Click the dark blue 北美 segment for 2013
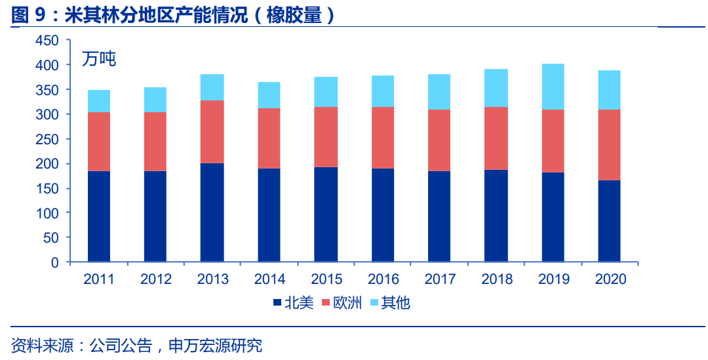coord(212,212)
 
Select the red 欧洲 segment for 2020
coord(609,144)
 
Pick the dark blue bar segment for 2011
coord(99,216)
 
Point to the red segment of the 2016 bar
coord(383,138)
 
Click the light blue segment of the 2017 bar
coord(439,92)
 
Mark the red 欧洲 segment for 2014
coord(269,138)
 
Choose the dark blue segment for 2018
coord(496,216)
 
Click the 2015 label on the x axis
coord(326,279)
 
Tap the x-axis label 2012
coord(156,279)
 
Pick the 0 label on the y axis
coord(55,262)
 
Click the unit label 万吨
coord(99,59)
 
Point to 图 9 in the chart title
coord(28,14)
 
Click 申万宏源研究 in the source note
coord(215,345)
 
